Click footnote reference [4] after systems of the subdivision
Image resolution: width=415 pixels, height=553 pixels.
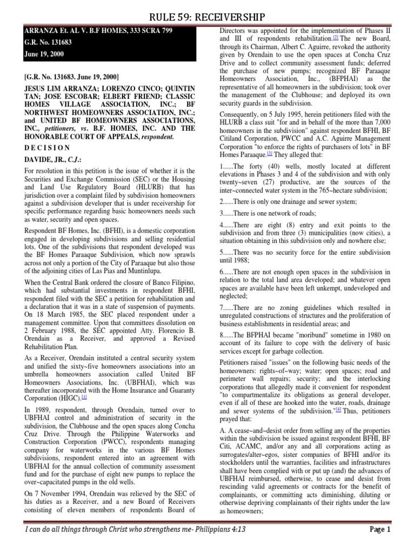[x=338, y=409]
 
